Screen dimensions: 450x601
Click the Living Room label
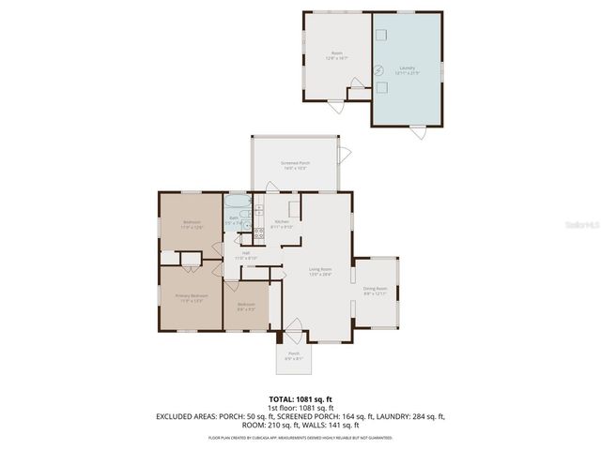click(321, 273)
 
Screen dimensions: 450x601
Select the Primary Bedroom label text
click(192, 297)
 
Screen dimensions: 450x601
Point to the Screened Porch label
click(295, 165)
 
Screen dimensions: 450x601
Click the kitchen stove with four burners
click(258, 235)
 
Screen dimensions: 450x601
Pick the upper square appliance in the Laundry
click(382, 35)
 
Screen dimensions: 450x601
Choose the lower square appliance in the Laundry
click(383, 87)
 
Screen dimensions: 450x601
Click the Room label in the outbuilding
click(336, 55)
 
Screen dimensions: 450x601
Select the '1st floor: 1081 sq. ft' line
click(300, 408)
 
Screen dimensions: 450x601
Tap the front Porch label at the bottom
click(294, 354)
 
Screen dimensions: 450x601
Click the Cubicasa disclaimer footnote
click(300, 437)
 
